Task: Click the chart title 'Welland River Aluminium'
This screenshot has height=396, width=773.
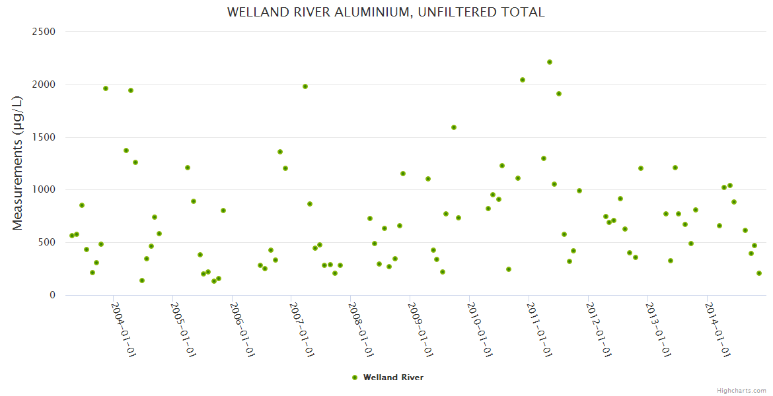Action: tap(386, 13)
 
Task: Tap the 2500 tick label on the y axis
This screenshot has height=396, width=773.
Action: tap(44, 32)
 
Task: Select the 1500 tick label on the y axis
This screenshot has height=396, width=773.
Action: tap(44, 137)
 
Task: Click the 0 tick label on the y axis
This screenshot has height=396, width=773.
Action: tap(52, 295)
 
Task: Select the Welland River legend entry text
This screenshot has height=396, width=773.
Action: tap(393, 378)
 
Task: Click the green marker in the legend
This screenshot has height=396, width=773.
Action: tap(355, 378)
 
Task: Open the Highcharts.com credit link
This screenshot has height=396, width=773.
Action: tap(741, 390)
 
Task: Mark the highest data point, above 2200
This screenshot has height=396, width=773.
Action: tap(550, 62)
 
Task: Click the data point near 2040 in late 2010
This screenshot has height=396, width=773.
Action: tap(523, 80)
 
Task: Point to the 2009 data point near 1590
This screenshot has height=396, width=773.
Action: tap(454, 127)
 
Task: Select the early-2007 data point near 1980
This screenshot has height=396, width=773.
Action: tap(305, 86)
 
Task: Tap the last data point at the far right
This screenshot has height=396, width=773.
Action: tap(759, 273)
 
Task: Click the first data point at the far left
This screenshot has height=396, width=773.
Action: tap(72, 236)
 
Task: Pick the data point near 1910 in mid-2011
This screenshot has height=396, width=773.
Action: tap(559, 94)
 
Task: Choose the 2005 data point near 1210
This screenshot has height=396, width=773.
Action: tap(188, 168)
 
